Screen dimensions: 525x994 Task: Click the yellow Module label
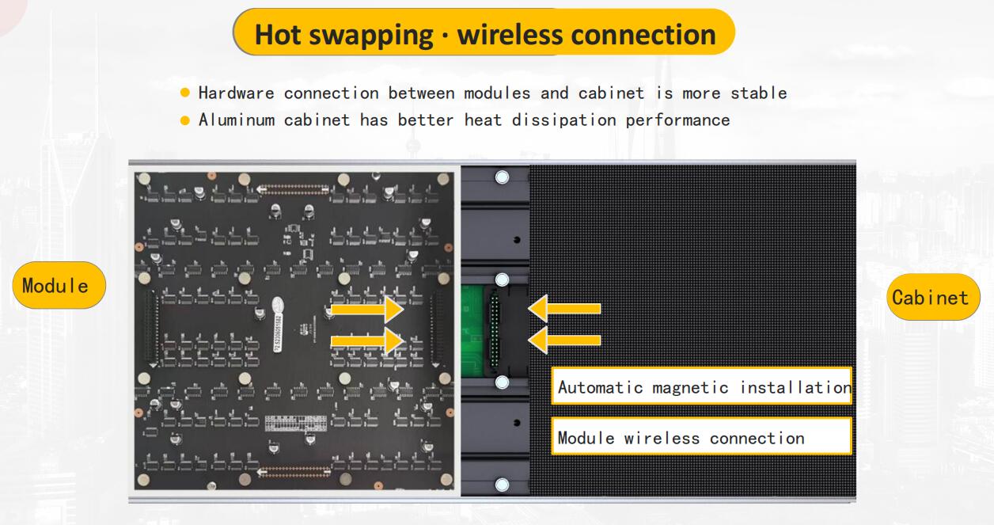(59, 285)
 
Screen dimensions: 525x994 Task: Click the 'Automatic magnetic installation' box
(701, 387)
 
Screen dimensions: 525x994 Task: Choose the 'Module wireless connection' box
(701, 437)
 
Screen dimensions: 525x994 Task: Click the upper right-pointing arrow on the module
(366, 308)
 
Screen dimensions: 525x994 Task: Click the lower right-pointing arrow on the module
(366, 341)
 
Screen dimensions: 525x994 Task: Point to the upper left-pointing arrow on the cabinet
(564, 308)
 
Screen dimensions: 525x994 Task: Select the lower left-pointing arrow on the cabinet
(564, 340)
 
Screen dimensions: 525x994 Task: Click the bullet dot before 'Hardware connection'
(185, 93)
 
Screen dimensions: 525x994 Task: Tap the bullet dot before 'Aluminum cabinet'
(185, 121)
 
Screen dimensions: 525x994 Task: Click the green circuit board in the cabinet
(472, 330)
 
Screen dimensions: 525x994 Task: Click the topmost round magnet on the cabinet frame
(501, 177)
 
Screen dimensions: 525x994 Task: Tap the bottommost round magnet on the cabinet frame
(501, 484)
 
